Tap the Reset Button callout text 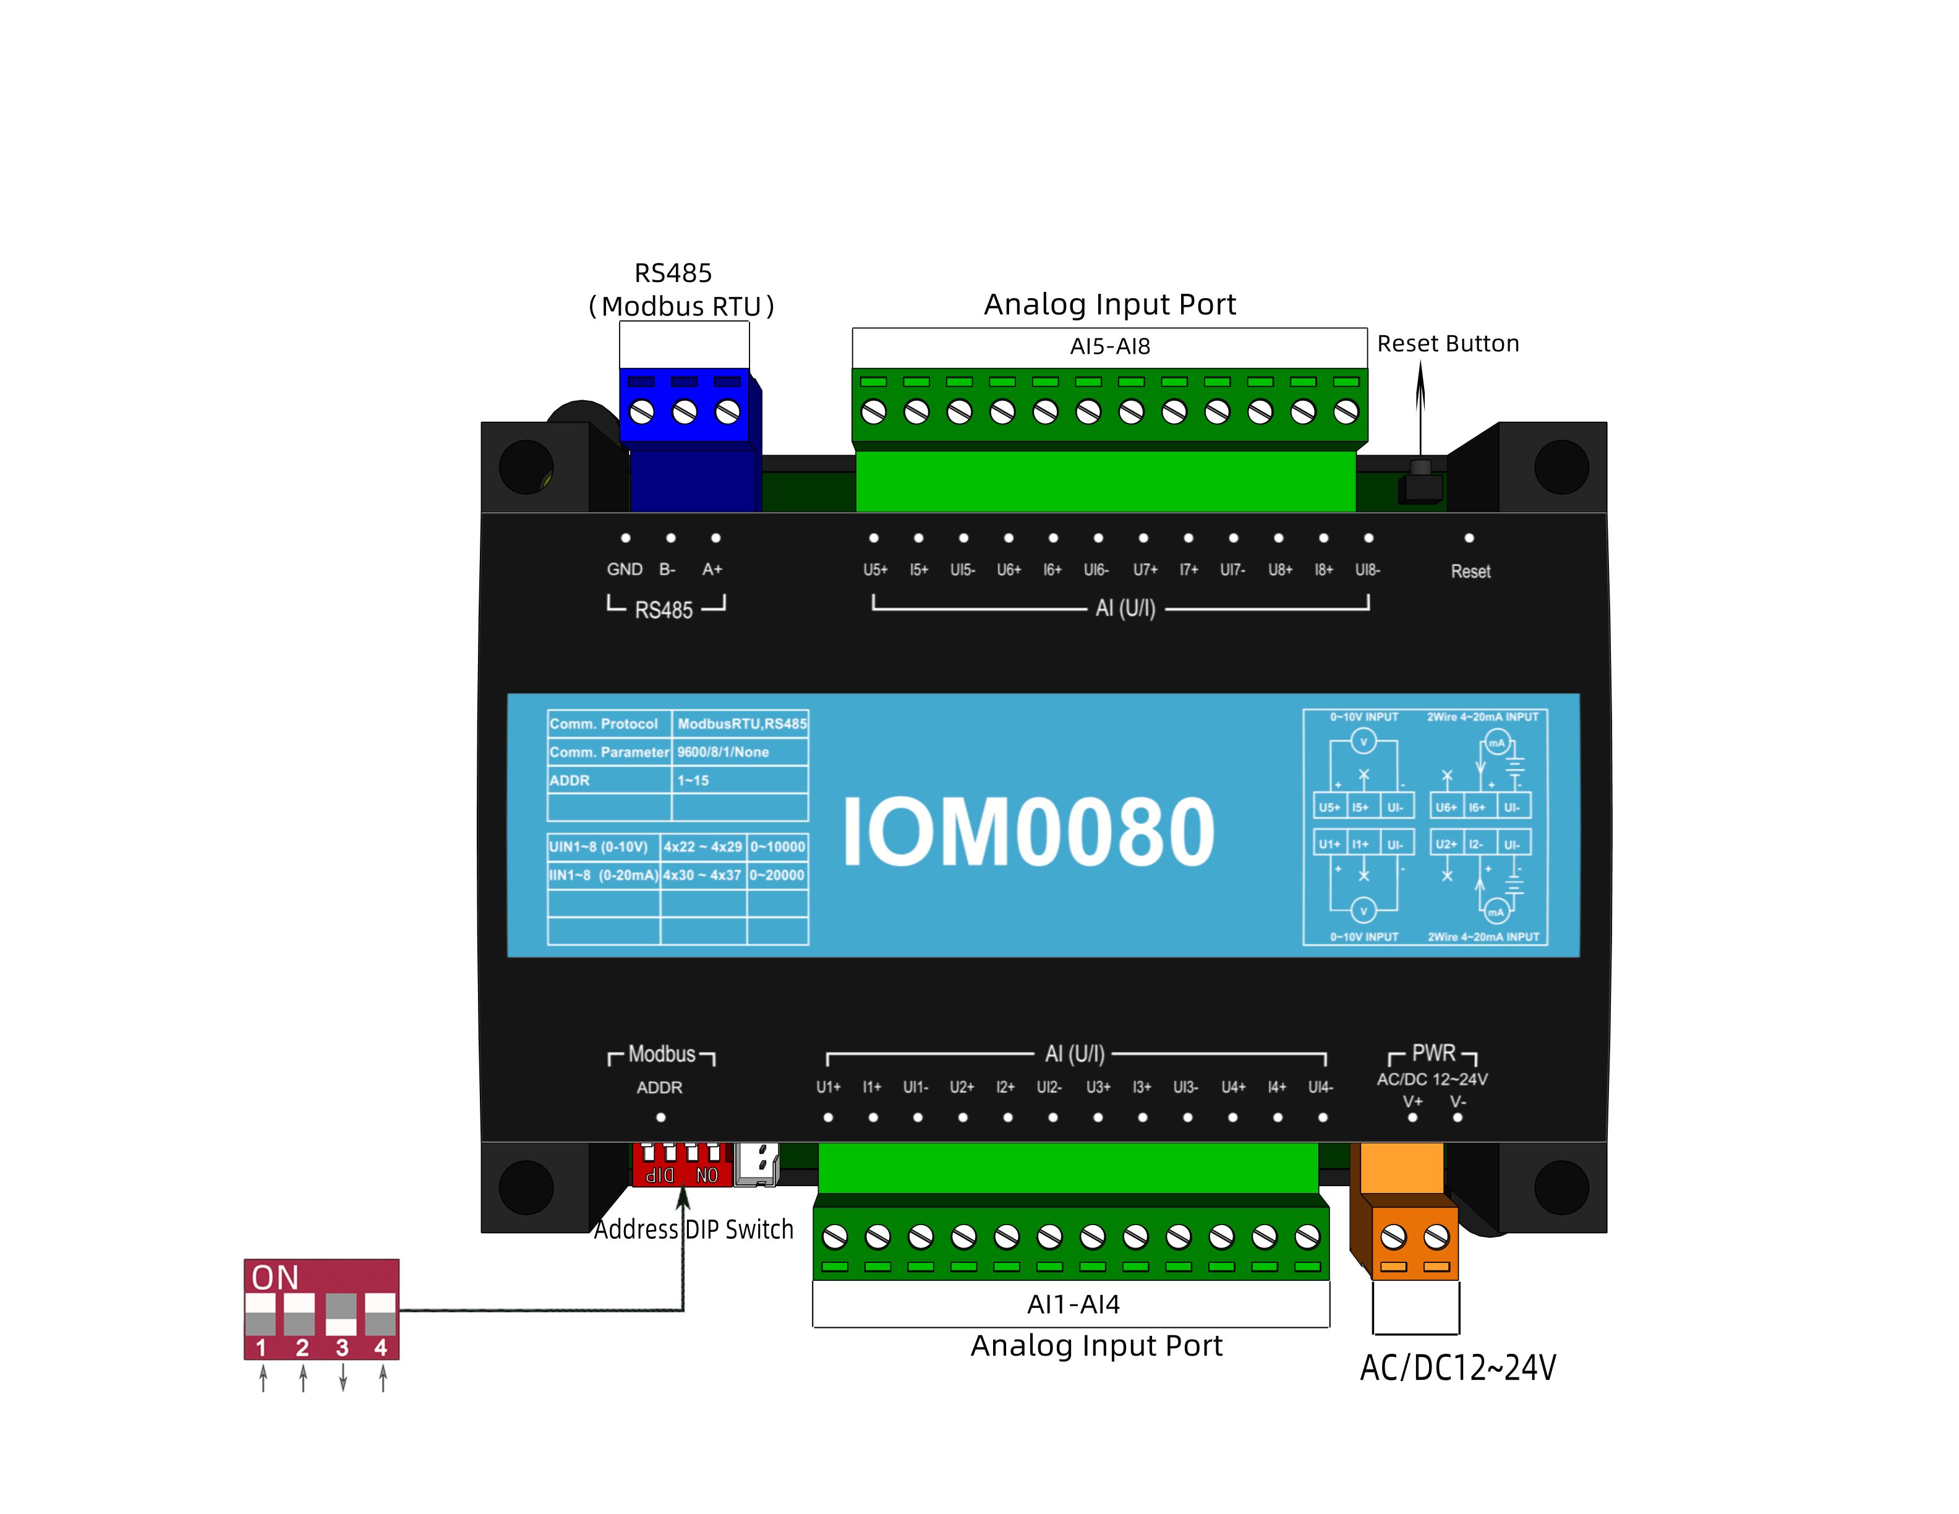(1447, 343)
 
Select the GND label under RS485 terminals (625, 568)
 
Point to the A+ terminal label (712, 568)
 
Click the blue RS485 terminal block (685, 408)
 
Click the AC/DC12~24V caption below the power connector (1458, 1368)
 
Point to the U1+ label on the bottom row (828, 1087)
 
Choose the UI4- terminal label (1320, 1087)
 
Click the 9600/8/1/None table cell (723, 751)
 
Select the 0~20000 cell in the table (777, 875)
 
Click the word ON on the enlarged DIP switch (275, 1277)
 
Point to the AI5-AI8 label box (1109, 346)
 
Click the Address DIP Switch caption (693, 1229)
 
